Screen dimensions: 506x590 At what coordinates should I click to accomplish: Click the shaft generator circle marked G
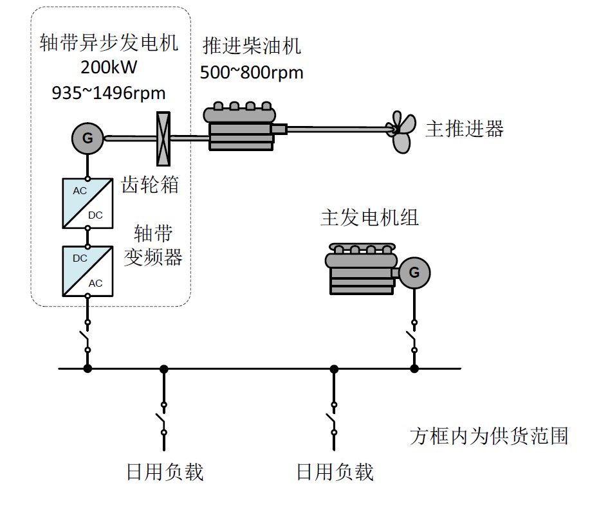click(88, 137)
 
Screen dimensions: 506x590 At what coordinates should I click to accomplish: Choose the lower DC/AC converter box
click(88, 271)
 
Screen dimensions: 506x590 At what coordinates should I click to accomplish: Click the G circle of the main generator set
click(414, 273)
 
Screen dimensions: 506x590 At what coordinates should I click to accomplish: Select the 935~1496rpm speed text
click(108, 93)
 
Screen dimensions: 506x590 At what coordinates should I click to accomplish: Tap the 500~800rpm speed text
click(252, 72)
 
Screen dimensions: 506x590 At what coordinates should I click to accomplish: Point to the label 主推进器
click(464, 129)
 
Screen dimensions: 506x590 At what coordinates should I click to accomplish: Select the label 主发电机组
click(369, 217)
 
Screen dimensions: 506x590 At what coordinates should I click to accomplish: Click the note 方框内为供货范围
click(489, 436)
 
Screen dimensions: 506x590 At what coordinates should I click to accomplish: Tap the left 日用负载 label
click(165, 473)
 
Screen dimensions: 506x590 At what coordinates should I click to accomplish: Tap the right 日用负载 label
click(335, 473)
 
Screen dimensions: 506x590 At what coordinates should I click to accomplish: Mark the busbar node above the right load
click(334, 368)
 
